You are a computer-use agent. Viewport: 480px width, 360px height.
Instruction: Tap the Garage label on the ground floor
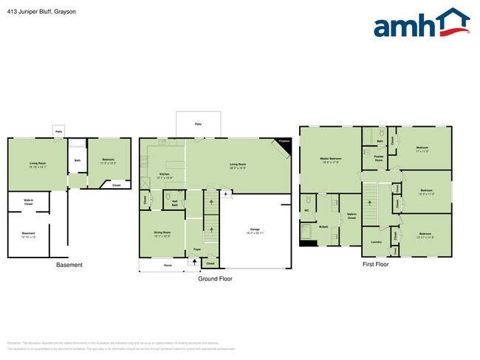pyautogui.click(x=255, y=229)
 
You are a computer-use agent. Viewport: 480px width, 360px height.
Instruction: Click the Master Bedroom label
pyautogui.click(x=330, y=159)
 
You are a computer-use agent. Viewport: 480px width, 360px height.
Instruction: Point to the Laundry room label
pyautogui.click(x=376, y=241)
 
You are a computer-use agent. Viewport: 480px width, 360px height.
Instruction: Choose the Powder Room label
pyautogui.click(x=379, y=157)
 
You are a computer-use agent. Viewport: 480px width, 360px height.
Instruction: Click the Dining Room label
pyautogui.click(x=161, y=235)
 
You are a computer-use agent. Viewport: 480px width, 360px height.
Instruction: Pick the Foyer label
pyautogui.click(x=197, y=249)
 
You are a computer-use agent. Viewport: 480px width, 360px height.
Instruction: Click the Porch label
pyautogui.click(x=168, y=264)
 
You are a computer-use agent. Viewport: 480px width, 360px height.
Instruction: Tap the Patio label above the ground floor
pyautogui.click(x=198, y=125)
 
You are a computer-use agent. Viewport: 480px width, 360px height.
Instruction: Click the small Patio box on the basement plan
pyautogui.click(x=58, y=131)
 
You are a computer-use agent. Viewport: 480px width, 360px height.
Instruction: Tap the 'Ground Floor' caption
pyautogui.click(x=216, y=280)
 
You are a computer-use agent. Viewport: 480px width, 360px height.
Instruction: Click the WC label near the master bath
pyautogui.click(x=306, y=209)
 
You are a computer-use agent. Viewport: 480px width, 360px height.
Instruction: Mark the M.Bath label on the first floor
pyautogui.click(x=323, y=226)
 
